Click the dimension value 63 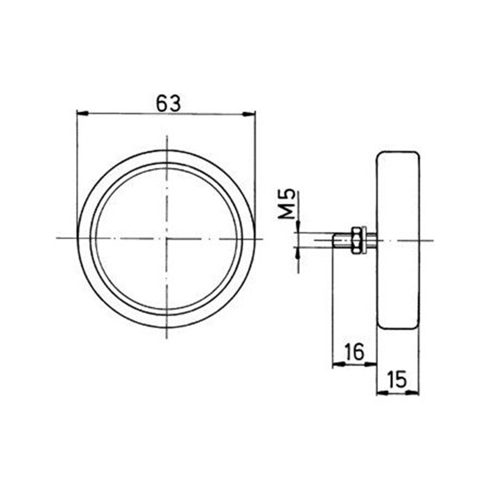tap(167, 104)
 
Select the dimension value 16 tap(354, 352)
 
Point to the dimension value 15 tap(398, 381)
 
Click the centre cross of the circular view tap(166, 238)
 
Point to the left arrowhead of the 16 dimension tap(336, 364)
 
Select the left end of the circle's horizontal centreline tap(57, 238)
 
